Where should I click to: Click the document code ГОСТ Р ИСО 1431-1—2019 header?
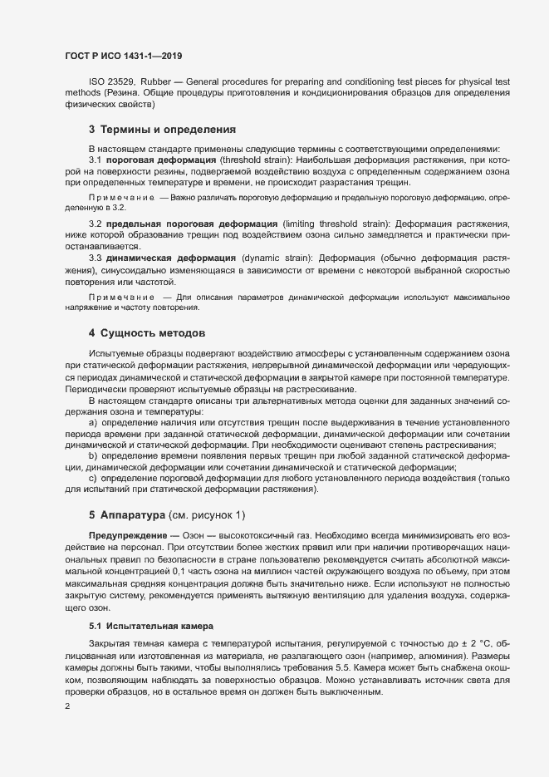click(x=123, y=56)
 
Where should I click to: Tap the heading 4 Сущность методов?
click(x=146, y=333)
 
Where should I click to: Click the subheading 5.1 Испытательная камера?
click(x=145, y=624)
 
